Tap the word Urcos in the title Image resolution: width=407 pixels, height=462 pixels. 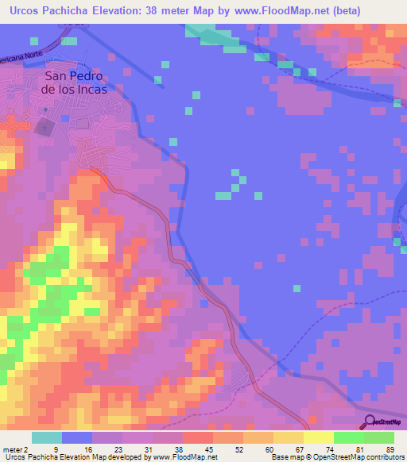(25, 11)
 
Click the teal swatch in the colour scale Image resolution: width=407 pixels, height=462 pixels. (47, 437)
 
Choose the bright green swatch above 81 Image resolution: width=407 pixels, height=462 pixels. (348, 437)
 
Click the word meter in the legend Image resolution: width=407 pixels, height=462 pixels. (14, 449)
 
